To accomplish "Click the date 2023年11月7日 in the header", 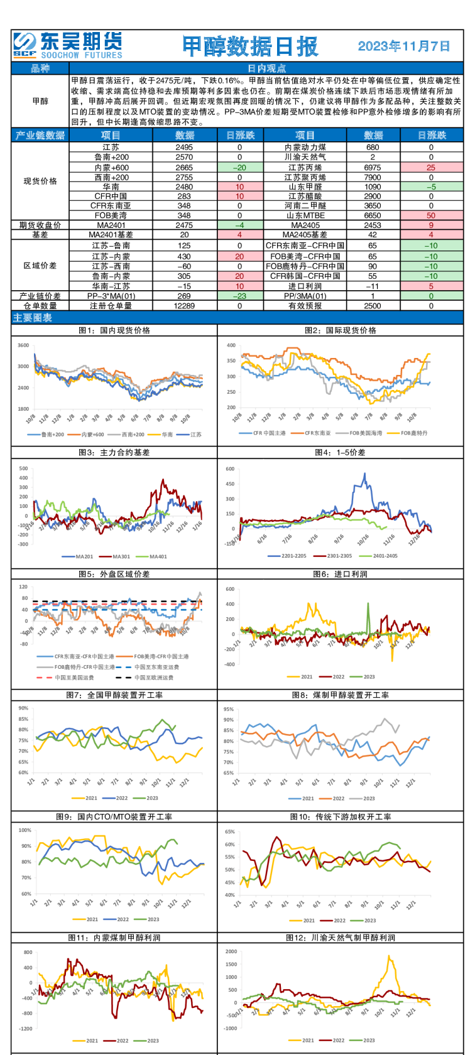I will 404,46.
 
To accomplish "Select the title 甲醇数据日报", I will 250,46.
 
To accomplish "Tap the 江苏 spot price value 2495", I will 184,148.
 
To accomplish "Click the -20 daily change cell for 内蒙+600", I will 239,168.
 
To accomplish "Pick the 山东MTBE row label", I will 305,215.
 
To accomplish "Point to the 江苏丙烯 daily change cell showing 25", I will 431,168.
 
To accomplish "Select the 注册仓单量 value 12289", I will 184,306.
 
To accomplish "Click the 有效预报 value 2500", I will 373,306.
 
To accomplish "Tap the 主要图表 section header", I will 33,318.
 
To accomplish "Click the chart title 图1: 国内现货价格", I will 114,330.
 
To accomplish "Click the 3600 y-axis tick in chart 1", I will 23,345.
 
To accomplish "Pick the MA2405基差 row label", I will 305,234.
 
